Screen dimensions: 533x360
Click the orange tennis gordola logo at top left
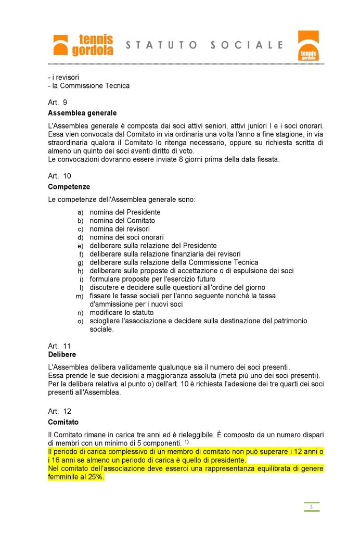(83, 45)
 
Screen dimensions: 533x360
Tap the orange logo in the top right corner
(308, 45)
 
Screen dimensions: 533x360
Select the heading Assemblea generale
(82, 113)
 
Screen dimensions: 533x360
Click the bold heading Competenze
(69, 186)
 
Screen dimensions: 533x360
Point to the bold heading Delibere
(62, 354)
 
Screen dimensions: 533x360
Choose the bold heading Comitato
(63, 422)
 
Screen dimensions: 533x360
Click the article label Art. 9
(57, 103)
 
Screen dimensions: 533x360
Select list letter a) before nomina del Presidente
(80, 212)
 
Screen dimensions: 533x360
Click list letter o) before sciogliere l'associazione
(80, 322)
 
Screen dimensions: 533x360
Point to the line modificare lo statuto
(122, 313)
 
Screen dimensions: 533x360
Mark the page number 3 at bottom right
(311, 506)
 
